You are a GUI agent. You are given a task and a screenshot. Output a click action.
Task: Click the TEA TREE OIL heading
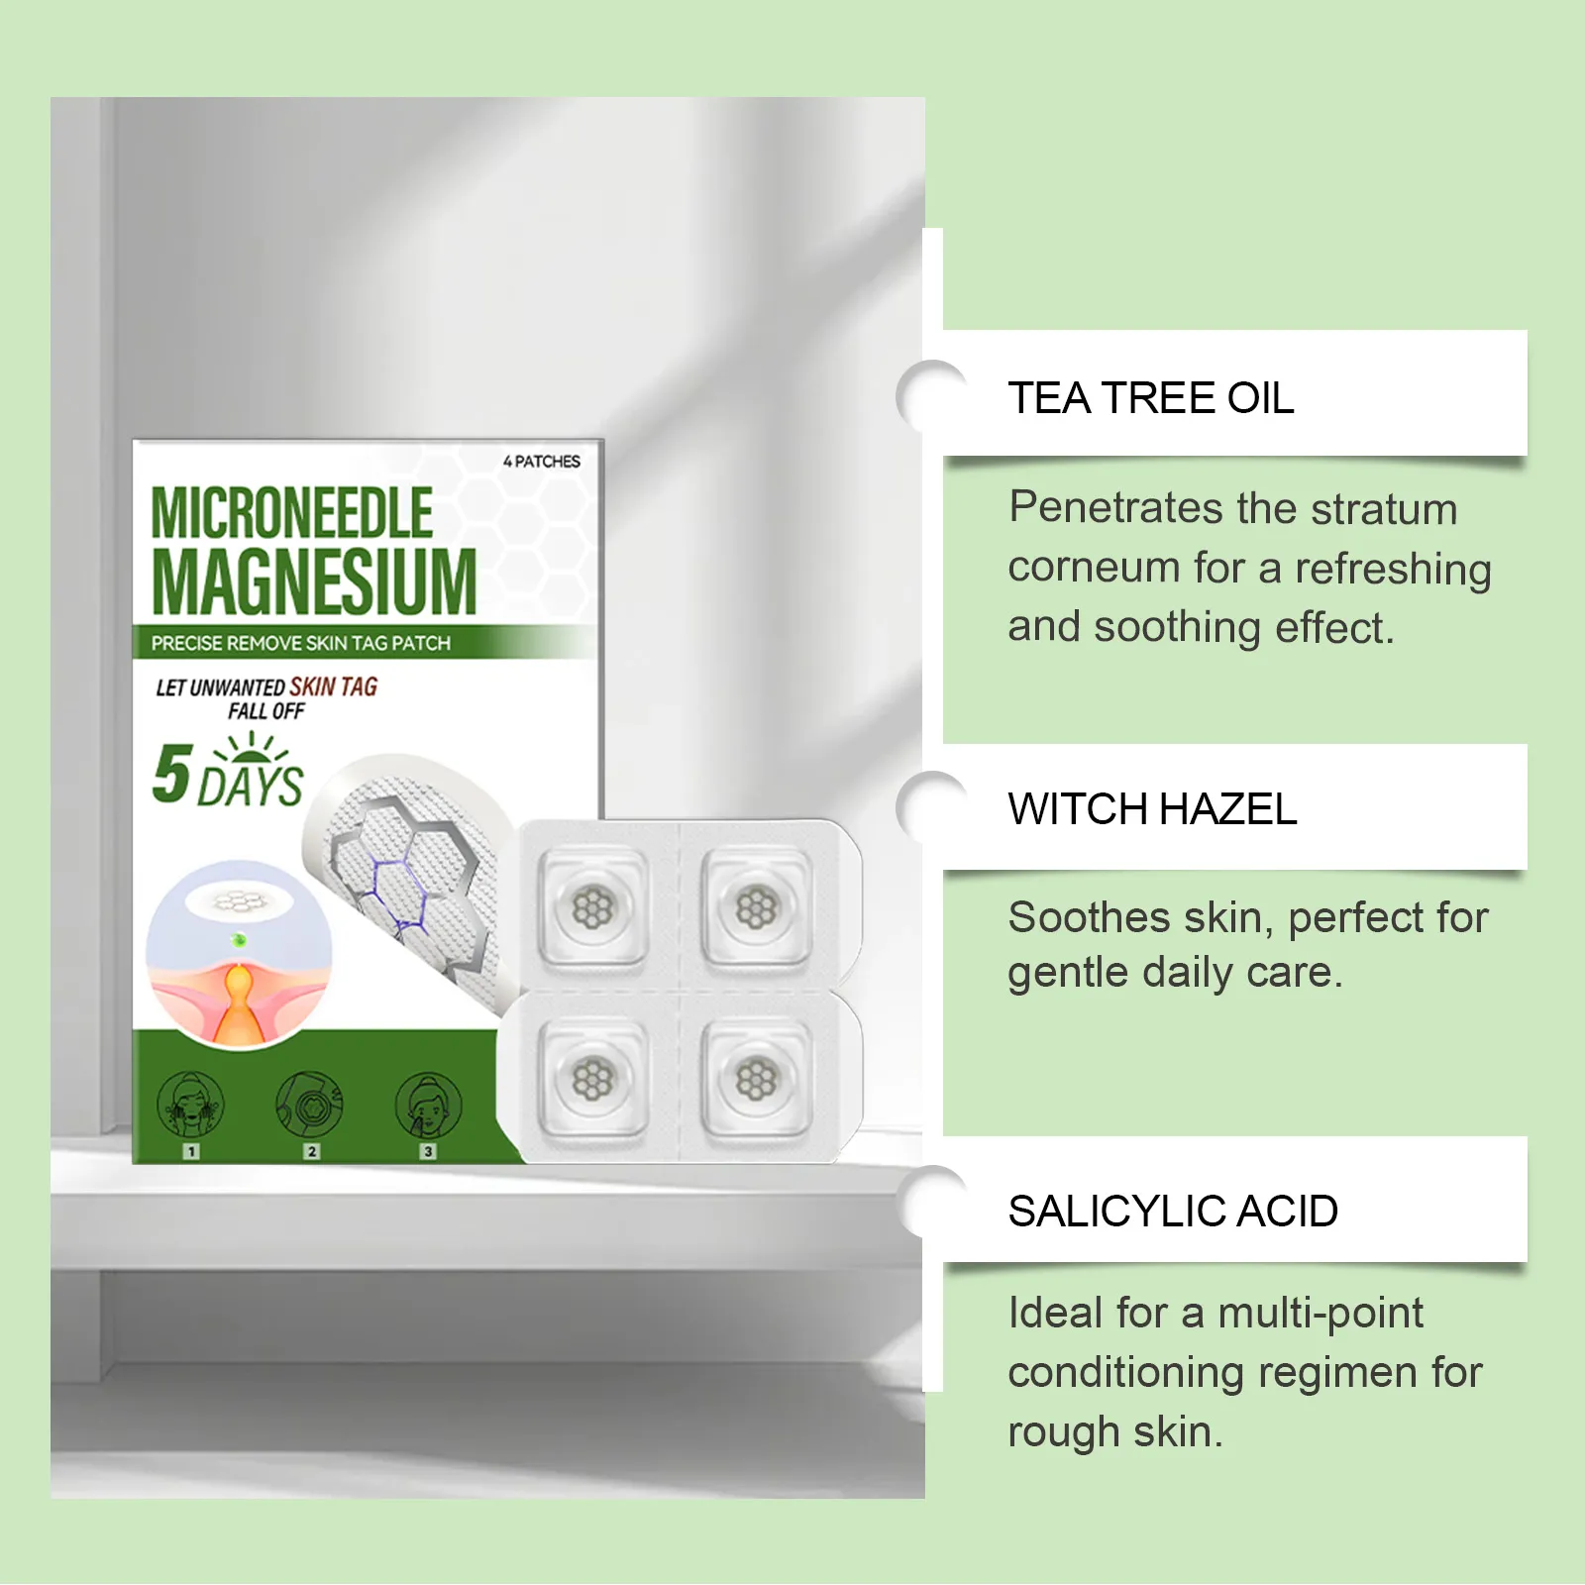point(1150,398)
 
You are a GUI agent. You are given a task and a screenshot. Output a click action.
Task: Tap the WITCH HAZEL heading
point(1152,809)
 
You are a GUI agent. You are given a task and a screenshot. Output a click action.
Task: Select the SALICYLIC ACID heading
point(1173,1212)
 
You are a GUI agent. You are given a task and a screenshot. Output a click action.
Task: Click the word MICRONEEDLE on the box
point(291,513)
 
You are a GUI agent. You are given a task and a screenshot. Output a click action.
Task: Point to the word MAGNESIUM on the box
point(314,581)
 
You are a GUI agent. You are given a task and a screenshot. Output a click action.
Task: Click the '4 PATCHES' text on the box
point(542,462)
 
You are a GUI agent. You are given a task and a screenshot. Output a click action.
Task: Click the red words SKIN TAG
point(333,687)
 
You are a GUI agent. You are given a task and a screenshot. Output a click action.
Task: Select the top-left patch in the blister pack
point(593,907)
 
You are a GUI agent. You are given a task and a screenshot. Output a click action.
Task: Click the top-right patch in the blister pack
point(756,907)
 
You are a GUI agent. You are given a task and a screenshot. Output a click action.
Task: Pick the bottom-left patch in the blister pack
point(593,1079)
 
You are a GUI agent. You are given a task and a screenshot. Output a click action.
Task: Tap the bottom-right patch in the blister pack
point(756,1079)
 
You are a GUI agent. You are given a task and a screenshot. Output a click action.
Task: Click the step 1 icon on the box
point(191,1106)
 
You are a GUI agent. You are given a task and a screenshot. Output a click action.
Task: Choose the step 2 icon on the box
point(310,1106)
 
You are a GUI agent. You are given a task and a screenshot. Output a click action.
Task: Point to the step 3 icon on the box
point(428,1106)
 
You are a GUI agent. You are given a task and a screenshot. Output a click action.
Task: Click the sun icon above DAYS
point(252,747)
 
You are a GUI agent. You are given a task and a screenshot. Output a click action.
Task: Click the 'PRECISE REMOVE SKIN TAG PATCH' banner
point(301,643)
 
